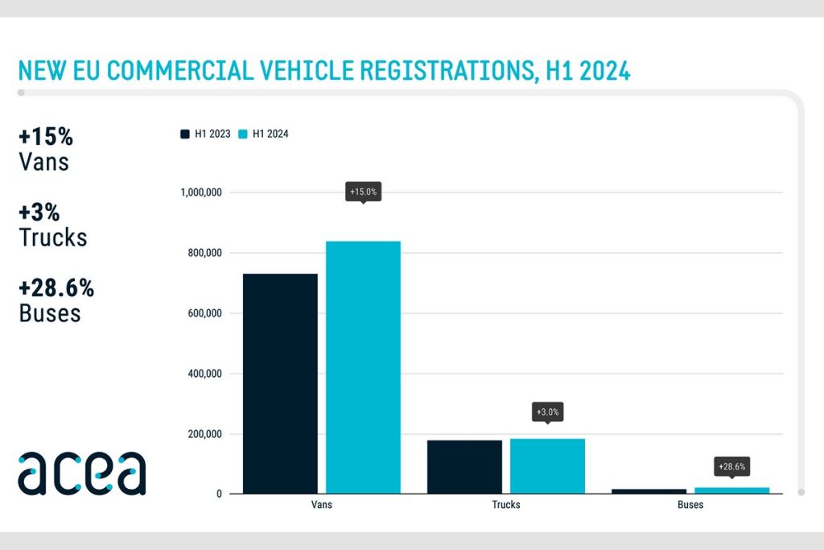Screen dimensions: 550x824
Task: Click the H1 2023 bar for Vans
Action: pyautogui.click(x=280, y=383)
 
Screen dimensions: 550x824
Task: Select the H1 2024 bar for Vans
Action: pyautogui.click(x=363, y=367)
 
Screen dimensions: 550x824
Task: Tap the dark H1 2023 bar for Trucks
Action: pyautogui.click(x=464, y=466)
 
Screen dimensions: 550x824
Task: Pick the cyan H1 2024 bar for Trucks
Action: pyautogui.click(x=547, y=465)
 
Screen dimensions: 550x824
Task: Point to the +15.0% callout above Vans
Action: pyautogui.click(x=363, y=192)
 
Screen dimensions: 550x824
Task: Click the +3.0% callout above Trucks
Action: pyautogui.click(x=547, y=412)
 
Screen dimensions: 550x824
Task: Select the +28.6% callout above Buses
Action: pyautogui.click(x=732, y=466)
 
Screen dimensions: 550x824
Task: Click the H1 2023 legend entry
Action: pyautogui.click(x=206, y=134)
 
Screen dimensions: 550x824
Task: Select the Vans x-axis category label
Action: pyautogui.click(x=321, y=505)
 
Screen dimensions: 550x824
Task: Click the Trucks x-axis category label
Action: pyautogui.click(x=506, y=505)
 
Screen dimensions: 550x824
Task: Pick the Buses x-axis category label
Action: pyautogui.click(x=690, y=505)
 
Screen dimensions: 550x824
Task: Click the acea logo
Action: pyautogui.click(x=82, y=473)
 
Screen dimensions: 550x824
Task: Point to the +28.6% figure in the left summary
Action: pyautogui.click(x=56, y=287)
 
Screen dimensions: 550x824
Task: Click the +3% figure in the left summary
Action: pyautogui.click(x=39, y=212)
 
